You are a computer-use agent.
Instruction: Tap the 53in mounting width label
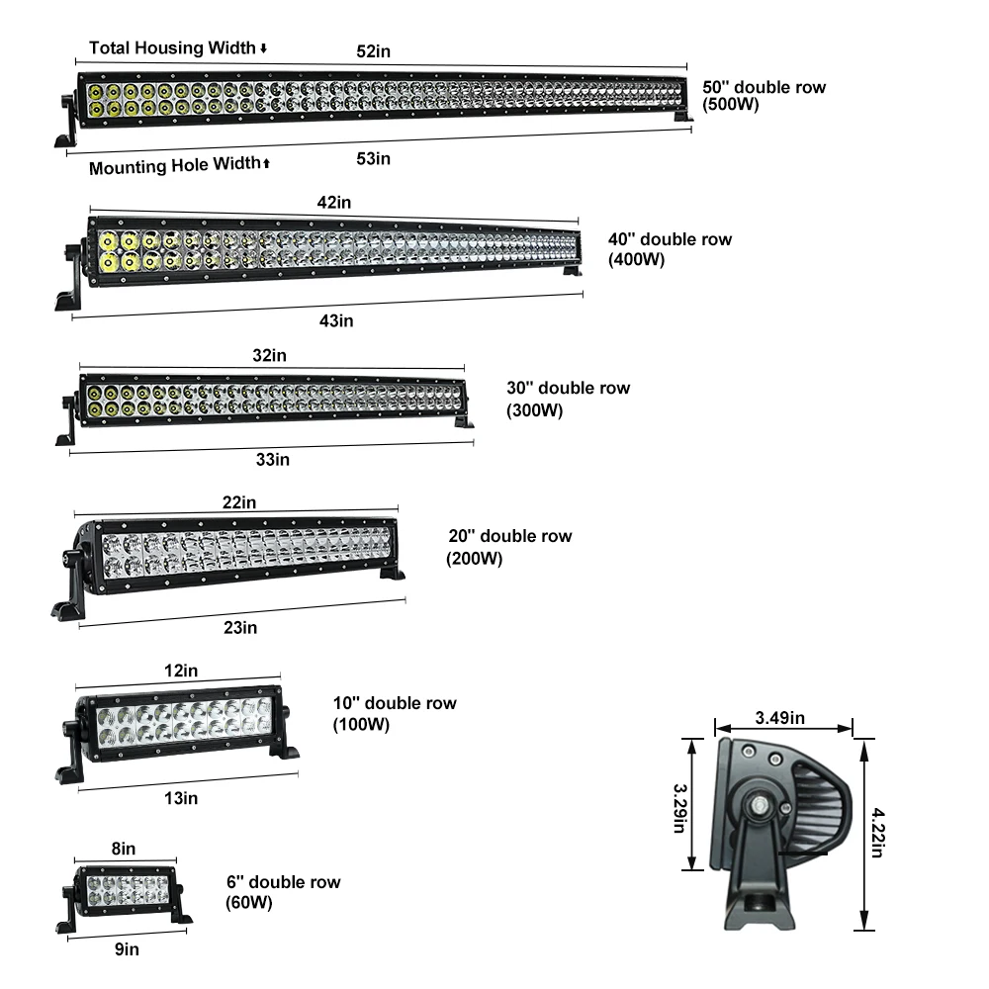(x=373, y=158)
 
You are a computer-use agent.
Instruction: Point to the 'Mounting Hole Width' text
(x=175, y=166)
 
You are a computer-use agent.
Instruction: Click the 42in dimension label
(x=334, y=202)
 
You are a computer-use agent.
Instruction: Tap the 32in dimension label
(x=270, y=354)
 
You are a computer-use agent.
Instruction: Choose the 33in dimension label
(x=272, y=459)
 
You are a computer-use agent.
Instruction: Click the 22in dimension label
(x=238, y=502)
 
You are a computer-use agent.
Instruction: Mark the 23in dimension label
(x=240, y=627)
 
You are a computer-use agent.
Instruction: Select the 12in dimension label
(x=180, y=671)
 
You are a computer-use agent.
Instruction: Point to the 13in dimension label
(x=181, y=798)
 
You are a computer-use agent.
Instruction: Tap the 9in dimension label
(x=126, y=949)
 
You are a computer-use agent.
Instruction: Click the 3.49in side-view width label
(x=780, y=717)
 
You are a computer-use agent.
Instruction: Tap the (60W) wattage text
(x=249, y=902)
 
